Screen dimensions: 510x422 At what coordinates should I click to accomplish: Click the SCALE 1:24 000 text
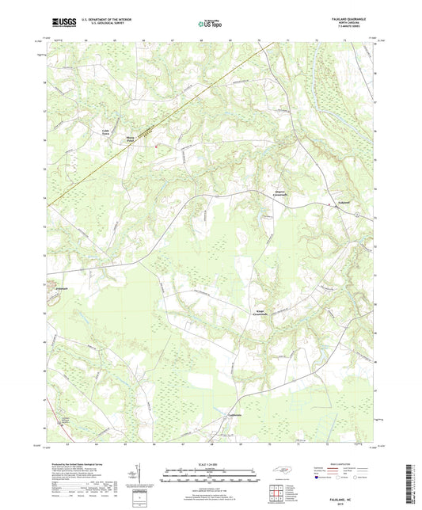pyautogui.click(x=210, y=463)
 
